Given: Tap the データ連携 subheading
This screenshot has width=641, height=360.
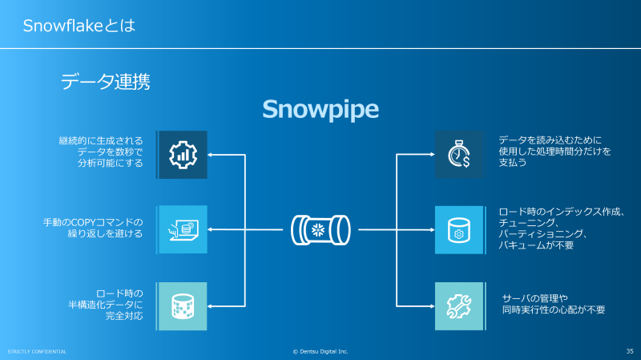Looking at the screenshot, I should pyautogui.click(x=105, y=81).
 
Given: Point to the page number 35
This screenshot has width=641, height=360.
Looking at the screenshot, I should pyautogui.click(x=629, y=351).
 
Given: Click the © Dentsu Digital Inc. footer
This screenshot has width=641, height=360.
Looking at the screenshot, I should pyautogui.click(x=320, y=351).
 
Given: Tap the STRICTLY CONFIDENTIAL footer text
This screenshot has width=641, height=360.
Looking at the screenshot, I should pyautogui.click(x=37, y=351).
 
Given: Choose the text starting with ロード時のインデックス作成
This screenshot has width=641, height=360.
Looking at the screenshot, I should pyautogui.click(x=561, y=228).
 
